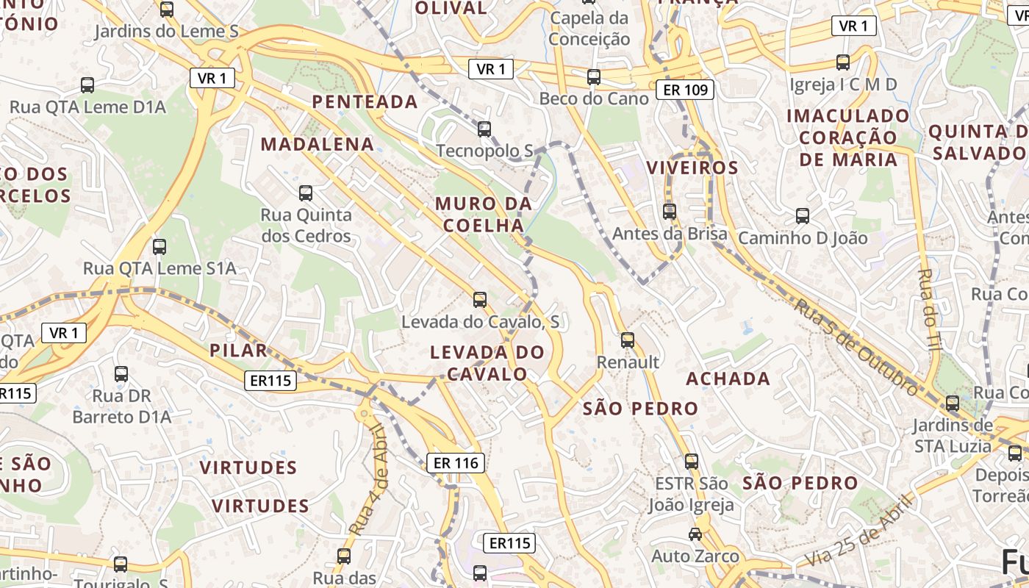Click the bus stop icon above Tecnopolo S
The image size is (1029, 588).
pos(484,129)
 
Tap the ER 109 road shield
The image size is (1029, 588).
pos(686,90)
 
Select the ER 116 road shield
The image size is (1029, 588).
pos(456,463)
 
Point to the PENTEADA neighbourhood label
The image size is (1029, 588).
pos(365,101)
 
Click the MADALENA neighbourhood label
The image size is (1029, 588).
pos(318,144)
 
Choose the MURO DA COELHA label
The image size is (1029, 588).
pos(484,214)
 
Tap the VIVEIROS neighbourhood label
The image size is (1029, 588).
pos(692,168)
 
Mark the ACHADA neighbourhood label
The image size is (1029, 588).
pos(728,379)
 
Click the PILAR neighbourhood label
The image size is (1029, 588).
pos(239,350)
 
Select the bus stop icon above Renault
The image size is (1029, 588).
pos(627,340)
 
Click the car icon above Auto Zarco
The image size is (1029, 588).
pos(695,534)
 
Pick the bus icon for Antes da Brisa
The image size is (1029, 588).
pos(669,211)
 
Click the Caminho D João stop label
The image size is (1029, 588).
pos(803,238)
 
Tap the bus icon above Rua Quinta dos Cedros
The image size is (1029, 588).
pos(305,193)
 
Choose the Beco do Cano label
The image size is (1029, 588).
pos(594,98)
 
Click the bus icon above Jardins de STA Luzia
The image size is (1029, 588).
pos(952,403)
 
